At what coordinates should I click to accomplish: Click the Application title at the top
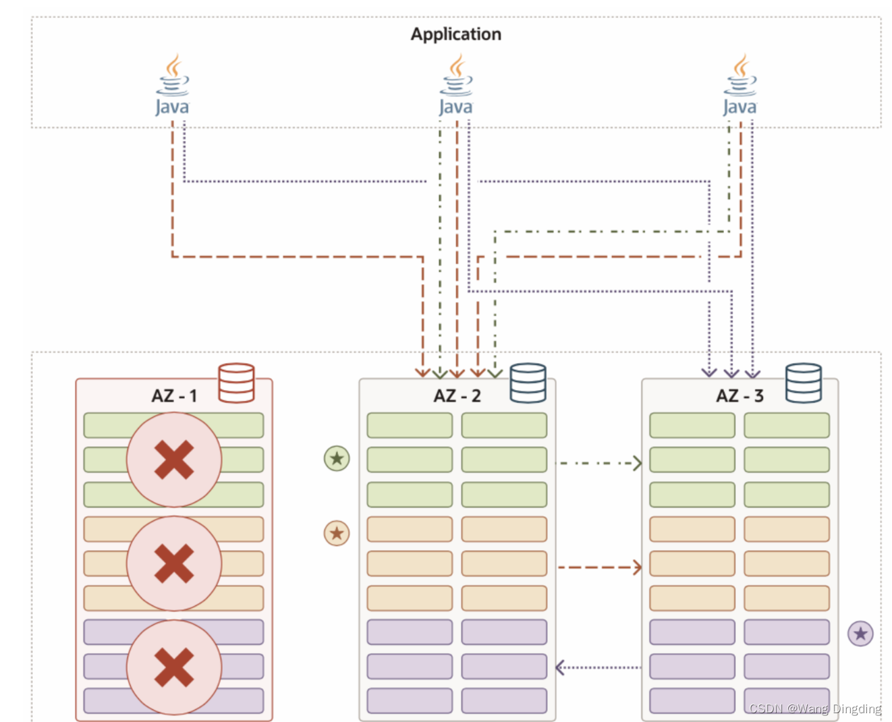coord(455,34)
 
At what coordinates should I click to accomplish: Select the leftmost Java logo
coord(173,86)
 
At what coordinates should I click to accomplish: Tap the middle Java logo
coord(456,86)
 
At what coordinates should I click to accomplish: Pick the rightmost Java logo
coord(740,86)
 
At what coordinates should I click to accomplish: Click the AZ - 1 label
coord(174,396)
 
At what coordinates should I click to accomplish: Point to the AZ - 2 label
coord(457,396)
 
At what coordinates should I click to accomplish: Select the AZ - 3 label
coord(740,396)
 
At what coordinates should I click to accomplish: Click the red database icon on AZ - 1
coord(236,383)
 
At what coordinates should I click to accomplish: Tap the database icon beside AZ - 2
coord(528,383)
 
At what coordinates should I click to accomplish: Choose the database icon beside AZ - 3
coord(804,383)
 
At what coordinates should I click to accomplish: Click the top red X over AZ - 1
coord(174,460)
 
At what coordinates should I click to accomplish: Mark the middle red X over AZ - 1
coord(174,563)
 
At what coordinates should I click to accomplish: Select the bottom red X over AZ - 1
coord(174,667)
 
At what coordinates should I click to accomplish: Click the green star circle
coord(337,459)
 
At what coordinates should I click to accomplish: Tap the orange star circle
coord(337,534)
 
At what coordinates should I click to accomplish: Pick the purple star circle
coord(860,634)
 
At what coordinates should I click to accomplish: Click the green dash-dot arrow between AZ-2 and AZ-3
coord(598,464)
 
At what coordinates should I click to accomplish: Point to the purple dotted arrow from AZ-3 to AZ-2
coord(598,667)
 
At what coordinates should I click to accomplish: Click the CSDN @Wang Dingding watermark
coord(815,709)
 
